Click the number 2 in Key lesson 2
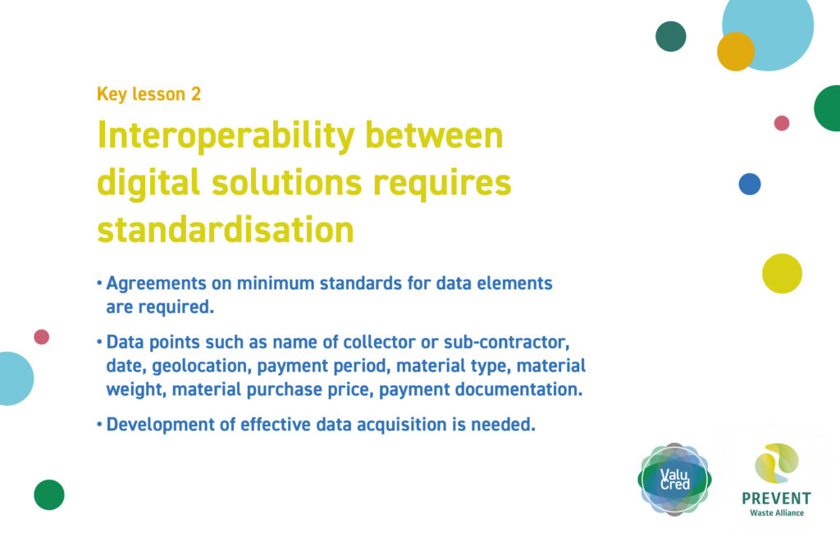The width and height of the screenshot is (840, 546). (196, 94)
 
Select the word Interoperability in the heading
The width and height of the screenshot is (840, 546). (226, 137)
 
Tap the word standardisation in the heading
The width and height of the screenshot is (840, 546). (226, 230)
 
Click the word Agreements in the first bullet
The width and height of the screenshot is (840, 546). (156, 284)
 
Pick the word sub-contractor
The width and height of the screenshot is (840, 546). (506, 342)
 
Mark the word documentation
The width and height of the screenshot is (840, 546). (518, 389)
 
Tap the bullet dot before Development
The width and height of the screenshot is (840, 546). (99, 425)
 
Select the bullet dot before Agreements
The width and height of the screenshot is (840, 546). (99, 283)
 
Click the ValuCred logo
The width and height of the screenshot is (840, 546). (674, 479)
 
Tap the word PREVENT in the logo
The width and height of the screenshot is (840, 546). (776, 498)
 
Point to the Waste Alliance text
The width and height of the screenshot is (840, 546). (777, 513)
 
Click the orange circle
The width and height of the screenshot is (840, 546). (736, 52)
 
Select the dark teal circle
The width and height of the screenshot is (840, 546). (671, 36)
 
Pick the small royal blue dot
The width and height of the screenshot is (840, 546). (750, 184)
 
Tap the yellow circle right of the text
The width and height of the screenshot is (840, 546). (782, 274)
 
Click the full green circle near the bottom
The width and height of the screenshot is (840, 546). (49, 494)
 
